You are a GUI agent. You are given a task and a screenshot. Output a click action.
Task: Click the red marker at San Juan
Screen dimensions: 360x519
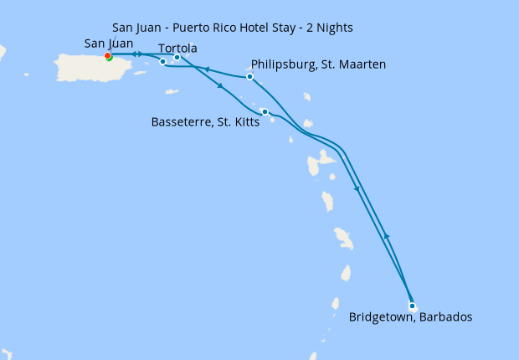[x=107, y=56]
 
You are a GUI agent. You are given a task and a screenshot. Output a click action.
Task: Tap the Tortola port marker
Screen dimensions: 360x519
[x=177, y=58]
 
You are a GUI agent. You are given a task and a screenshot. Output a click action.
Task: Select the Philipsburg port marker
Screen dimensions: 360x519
[x=250, y=77]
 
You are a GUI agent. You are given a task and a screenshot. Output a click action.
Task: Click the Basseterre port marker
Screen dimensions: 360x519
[x=265, y=111]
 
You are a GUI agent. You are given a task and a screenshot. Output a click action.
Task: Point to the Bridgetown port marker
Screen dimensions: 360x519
[x=412, y=306]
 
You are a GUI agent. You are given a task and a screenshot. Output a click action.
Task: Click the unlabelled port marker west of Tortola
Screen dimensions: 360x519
[x=162, y=61]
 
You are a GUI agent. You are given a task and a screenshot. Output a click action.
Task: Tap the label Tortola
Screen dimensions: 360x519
[x=177, y=48]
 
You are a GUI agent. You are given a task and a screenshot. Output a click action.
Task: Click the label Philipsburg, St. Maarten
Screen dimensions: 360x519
[x=318, y=64]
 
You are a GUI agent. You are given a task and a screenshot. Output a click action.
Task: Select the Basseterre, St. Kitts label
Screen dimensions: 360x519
[x=205, y=121]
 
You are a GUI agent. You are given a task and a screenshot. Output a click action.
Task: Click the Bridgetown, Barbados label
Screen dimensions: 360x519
[x=410, y=317]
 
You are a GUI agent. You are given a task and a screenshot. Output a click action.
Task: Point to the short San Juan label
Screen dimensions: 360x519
[x=109, y=44]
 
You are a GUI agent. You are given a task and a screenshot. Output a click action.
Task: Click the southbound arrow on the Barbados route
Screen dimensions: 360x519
[x=357, y=188]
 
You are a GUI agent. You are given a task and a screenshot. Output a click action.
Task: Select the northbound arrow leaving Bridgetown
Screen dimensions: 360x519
[x=386, y=237]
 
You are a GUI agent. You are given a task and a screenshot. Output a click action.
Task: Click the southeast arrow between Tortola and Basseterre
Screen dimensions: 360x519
[x=220, y=85]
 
